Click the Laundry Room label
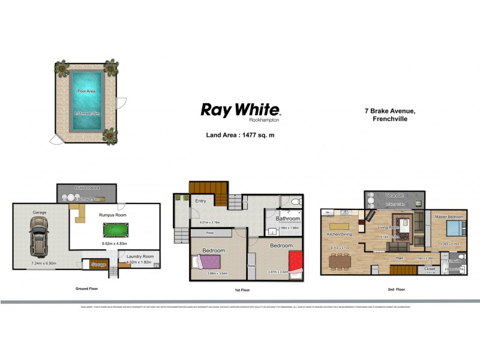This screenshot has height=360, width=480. [x=140, y=256]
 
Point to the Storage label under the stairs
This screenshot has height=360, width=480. [x=98, y=265]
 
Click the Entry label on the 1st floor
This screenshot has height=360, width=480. [x=200, y=201]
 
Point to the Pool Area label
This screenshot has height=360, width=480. [x=86, y=91]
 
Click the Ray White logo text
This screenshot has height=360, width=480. [x=240, y=110]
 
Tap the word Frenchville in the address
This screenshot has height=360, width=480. [x=390, y=119]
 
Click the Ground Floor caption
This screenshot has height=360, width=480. [x=86, y=289]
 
